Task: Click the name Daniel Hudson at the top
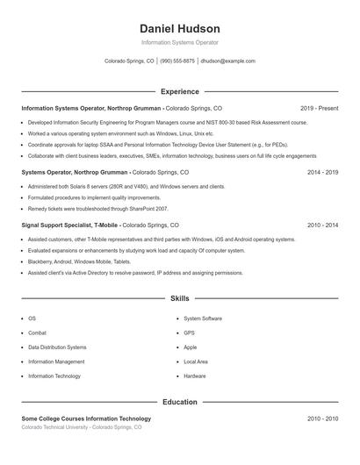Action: (179, 29)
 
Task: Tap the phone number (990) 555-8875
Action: (177, 61)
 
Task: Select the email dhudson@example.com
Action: (227, 61)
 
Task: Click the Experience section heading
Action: (179, 91)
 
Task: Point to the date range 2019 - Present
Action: (319, 108)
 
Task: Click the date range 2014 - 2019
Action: (322, 173)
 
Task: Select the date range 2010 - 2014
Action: (322, 225)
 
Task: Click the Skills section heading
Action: (179, 299)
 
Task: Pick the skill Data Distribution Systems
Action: (57, 347)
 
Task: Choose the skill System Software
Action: (202, 318)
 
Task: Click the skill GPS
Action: (189, 333)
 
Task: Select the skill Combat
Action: (37, 333)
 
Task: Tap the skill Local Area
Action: (195, 361)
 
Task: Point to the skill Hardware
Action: (194, 376)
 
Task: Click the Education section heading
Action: (179, 403)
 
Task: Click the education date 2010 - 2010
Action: (322, 419)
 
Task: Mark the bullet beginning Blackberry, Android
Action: (79, 261)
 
